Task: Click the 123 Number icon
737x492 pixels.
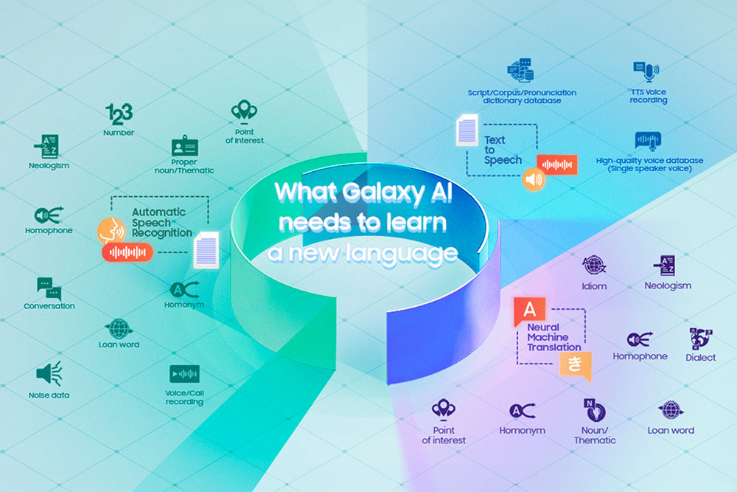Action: coord(119,114)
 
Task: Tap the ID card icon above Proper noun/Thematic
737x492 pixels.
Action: coord(184,146)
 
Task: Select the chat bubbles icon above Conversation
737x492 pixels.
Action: coord(49,288)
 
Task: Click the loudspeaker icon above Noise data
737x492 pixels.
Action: coord(49,373)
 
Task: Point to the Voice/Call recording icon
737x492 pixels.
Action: coord(184,374)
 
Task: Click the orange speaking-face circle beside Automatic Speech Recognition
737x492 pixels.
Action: coord(111,230)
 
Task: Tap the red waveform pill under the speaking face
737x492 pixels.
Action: coord(128,252)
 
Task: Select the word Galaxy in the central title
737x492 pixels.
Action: coord(383,193)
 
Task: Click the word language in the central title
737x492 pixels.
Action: coord(402,254)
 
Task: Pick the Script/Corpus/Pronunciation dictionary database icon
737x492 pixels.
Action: coord(521,71)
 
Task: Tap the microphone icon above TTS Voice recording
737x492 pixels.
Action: coord(647,72)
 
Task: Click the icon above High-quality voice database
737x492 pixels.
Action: coord(648,141)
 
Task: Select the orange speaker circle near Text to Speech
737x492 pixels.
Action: coord(534,179)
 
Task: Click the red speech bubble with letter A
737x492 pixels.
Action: coord(529,311)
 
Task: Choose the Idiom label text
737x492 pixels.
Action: coord(594,286)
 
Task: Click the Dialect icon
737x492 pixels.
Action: coord(700,339)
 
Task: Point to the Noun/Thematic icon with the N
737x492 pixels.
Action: coord(595,410)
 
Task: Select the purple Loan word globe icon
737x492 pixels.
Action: coord(671,410)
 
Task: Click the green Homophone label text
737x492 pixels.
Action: coord(49,230)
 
